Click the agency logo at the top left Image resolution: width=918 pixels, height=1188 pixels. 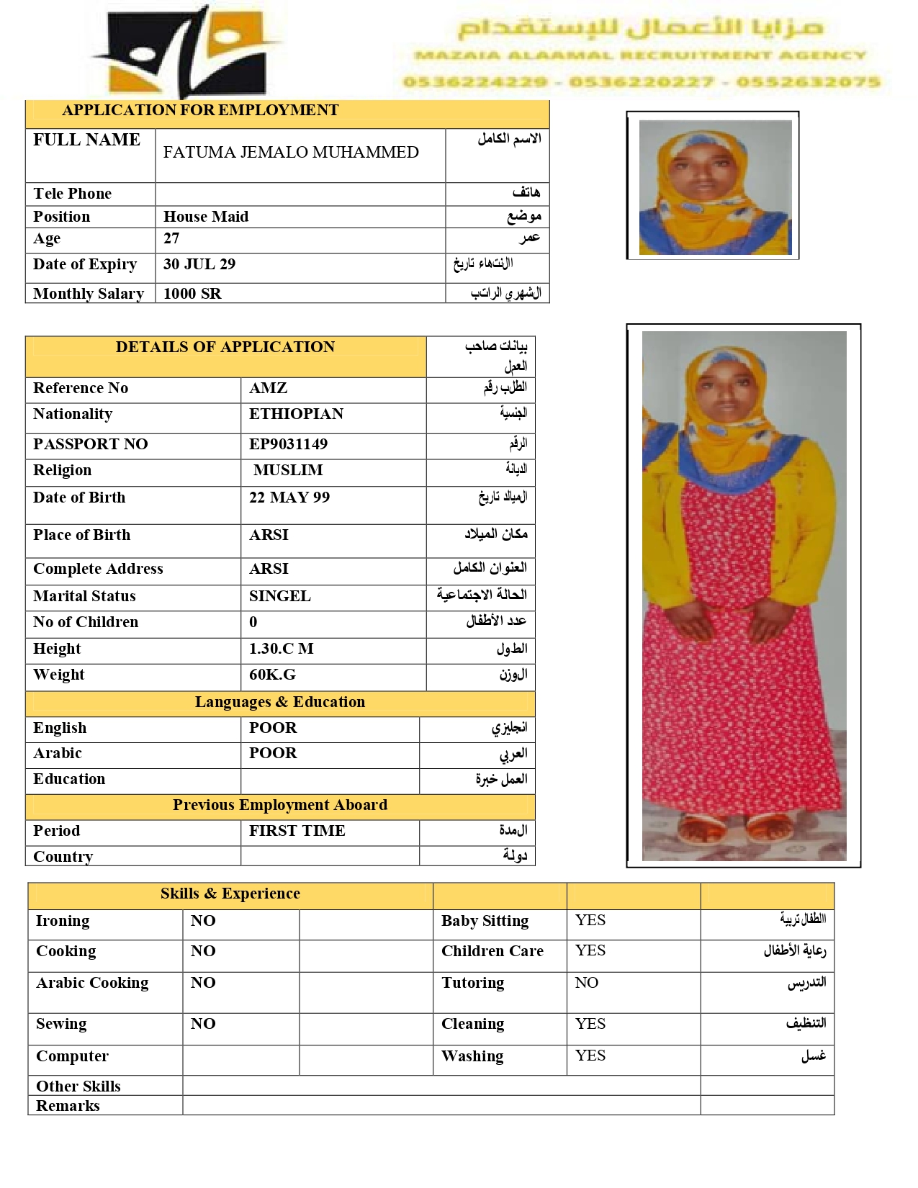click(189, 52)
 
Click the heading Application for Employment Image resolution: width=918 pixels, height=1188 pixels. click(200, 110)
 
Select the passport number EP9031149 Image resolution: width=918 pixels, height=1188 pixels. click(288, 444)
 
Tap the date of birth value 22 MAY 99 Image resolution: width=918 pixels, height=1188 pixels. click(289, 498)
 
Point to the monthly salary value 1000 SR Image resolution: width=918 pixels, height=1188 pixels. click(192, 294)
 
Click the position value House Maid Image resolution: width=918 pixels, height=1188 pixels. click(206, 217)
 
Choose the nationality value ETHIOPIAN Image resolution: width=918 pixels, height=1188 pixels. click(296, 414)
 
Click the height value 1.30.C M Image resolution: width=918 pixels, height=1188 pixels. click(281, 649)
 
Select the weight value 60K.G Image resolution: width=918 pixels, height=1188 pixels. click(272, 675)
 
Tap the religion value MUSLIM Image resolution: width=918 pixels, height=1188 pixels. click(288, 470)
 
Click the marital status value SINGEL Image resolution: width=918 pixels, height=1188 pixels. click(280, 596)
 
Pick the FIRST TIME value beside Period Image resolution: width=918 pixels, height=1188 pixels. click(297, 831)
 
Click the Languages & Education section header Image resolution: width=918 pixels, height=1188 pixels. click(280, 702)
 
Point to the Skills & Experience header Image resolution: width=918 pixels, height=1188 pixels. click(230, 894)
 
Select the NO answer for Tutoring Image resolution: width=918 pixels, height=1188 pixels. click(587, 983)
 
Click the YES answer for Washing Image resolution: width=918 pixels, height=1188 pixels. click(590, 1056)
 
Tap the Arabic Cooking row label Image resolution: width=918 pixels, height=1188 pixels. click(92, 983)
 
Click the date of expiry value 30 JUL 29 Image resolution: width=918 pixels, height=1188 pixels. click(199, 264)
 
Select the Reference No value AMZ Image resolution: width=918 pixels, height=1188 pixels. click(268, 388)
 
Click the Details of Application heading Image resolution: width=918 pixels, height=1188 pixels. click(225, 347)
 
